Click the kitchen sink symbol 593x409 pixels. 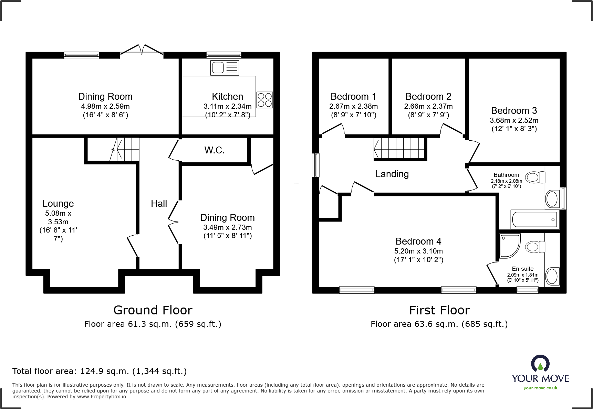[x=225, y=68]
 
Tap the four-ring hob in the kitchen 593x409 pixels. [x=264, y=100]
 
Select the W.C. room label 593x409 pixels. [x=214, y=150]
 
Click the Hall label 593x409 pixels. [x=159, y=204]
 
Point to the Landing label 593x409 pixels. [x=392, y=174]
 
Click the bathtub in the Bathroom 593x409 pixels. [x=534, y=219]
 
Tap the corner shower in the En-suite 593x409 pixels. [x=509, y=246]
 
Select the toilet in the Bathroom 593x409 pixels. [x=535, y=177]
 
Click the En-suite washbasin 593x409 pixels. [x=552, y=276]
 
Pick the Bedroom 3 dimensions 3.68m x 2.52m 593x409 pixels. [x=514, y=120]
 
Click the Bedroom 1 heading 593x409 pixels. [x=353, y=97]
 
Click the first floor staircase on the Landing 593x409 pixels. [x=399, y=148]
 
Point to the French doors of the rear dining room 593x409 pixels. [x=142, y=50]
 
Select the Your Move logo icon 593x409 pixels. [x=540, y=363]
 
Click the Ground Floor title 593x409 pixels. [x=153, y=310]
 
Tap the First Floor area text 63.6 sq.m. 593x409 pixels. [x=439, y=324]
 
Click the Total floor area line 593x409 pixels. [x=100, y=371]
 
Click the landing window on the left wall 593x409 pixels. [x=315, y=165]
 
